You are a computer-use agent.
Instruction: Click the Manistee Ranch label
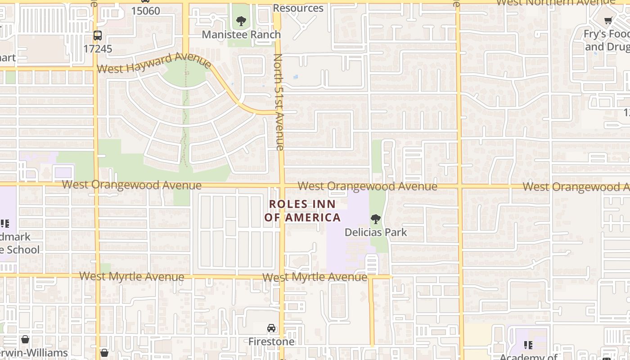pos(241,35)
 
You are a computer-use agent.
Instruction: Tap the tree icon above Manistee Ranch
pos(241,21)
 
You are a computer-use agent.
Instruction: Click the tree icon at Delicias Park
pos(375,219)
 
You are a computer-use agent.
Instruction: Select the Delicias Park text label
pos(376,232)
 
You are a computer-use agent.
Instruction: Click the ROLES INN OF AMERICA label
pos(302,211)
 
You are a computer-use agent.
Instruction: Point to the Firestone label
pos(271,342)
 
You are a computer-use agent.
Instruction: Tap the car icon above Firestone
pos(271,328)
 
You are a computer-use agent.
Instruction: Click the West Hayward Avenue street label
pos(154,63)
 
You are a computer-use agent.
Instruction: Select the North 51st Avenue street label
pos(279,102)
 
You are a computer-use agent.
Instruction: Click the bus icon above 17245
pos(98,35)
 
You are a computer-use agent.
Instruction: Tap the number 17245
pos(98,49)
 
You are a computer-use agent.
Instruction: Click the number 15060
pos(145,11)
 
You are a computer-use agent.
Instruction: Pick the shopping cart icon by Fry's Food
pos(608,20)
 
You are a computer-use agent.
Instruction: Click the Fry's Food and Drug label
pos(607,40)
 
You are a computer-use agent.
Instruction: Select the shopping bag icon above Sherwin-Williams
pos(25,339)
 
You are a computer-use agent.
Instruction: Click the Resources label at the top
pos(298,8)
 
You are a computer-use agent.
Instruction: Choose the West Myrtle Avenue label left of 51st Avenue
pos(132,276)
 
